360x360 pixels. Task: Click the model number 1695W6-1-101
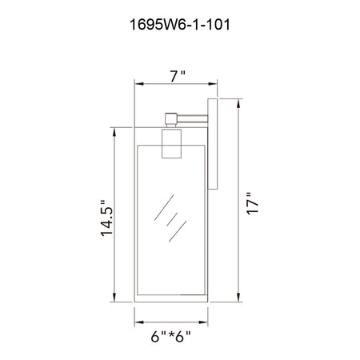(x=179, y=25)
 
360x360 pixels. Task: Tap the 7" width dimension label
(x=178, y=76)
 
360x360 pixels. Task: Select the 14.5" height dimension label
(x=107, y=218)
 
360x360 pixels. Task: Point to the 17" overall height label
(x=252, y=203)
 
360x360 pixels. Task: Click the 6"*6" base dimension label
(x=171, y=336)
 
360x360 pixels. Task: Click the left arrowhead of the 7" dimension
(x=139, y=84)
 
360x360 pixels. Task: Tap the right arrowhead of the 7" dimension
(x=213, y=84)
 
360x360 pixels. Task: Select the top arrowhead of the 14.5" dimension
(x=114, y=133)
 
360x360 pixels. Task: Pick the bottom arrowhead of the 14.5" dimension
(x=114, y=297)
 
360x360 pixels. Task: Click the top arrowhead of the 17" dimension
(x=238, y=103)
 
